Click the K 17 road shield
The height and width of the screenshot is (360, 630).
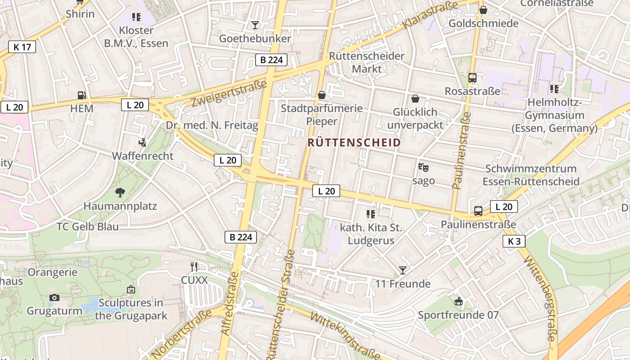click(x=22, y=46)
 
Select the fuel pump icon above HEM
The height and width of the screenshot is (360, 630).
click(x=81, y=95)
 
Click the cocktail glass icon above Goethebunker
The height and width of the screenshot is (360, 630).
click(x=255, y=25)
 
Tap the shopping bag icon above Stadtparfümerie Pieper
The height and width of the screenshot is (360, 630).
click(x=321, y=95)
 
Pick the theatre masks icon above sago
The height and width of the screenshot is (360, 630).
click(x=423, y=167)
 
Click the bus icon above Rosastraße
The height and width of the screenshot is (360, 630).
click(x=472, y=78)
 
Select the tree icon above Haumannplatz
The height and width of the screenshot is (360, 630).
click(x=120, y=193)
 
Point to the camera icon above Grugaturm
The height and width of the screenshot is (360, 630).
click(x=54, y=297)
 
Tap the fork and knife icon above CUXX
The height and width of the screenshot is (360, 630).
click(x=194, y=267)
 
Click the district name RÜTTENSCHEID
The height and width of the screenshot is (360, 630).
click(x=354, y=143)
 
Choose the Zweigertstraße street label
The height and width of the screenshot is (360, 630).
click(x=229, y=93)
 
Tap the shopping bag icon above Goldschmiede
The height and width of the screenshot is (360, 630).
click(x=483, y=10)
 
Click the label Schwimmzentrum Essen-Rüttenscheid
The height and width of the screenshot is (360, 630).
click(x=531, y=175)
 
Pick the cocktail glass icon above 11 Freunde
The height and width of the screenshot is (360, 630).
click(x=403, y=270)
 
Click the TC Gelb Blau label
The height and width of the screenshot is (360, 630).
click(x=88, y=226)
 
